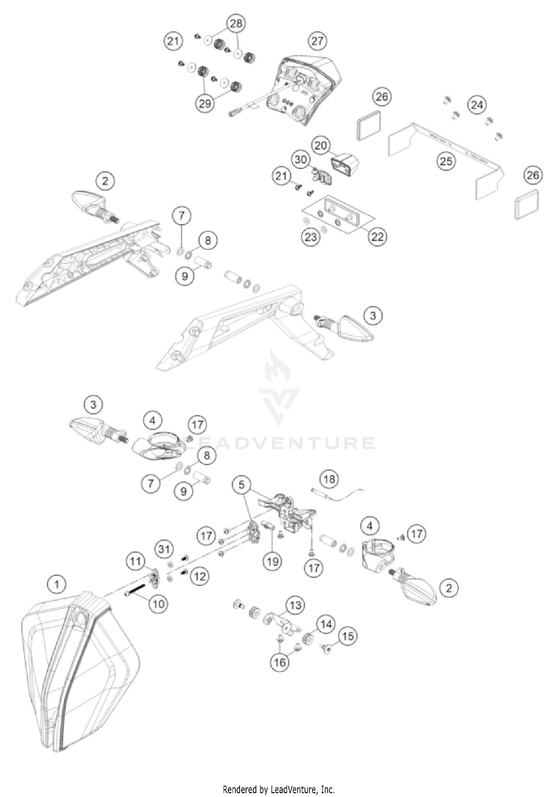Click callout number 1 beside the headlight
57,585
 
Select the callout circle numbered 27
317,41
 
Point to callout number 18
329,479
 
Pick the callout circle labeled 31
164,549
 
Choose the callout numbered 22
377,236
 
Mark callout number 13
295,606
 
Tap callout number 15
348,636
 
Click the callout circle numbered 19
272,561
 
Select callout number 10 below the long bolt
158,604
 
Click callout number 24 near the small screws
477,105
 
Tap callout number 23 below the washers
311,236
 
